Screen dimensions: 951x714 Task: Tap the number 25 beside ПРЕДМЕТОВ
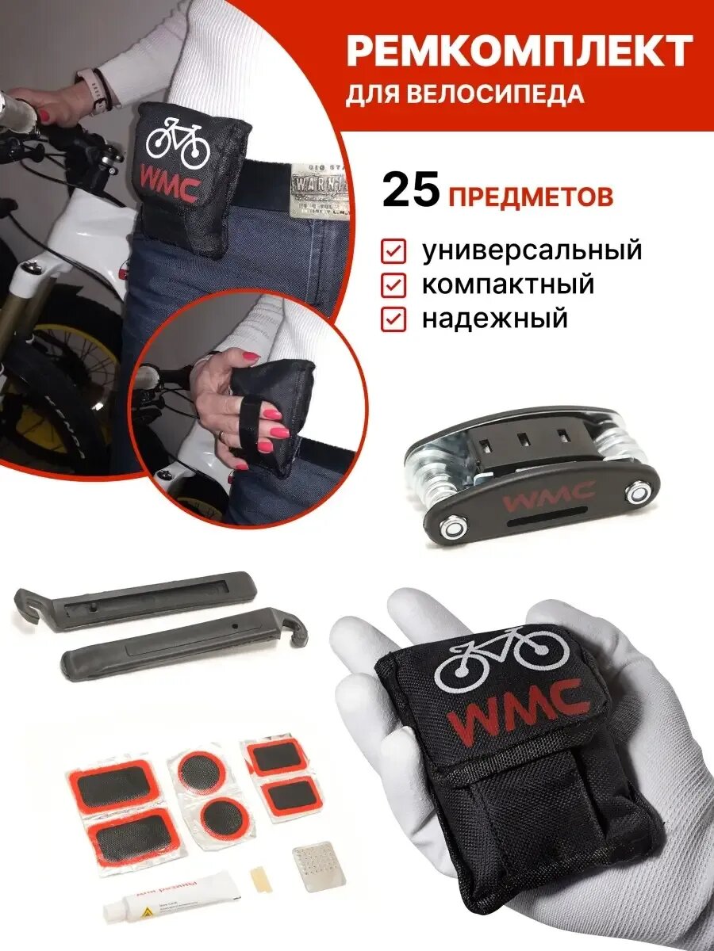(x=412, y=193)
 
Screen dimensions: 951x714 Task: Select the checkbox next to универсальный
(x=394, y=252)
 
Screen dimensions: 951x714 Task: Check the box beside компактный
(x=394, y=285)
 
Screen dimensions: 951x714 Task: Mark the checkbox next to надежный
(x=394, y=319)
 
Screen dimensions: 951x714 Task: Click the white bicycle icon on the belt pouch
(x=178, y=143)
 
